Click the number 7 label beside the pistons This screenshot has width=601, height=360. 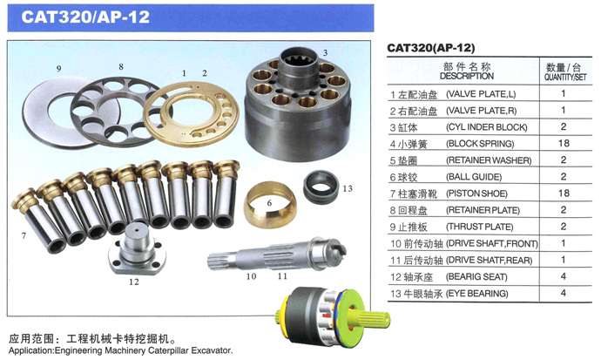tap(24, 235)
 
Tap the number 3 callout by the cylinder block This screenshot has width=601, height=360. tap(325, 52)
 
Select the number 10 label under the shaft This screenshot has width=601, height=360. tap(251, 276)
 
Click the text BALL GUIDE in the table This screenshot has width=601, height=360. tap(474, 177)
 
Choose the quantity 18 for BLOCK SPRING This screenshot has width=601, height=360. tap(564, 143)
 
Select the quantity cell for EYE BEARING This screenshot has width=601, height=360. tap(563, 293)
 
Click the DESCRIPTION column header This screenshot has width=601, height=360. tap(467, 76)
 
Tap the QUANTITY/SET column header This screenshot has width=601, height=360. tap(565, 77)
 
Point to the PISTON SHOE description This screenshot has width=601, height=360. tap(476, 194)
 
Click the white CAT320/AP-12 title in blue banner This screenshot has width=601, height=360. tap(85, 17)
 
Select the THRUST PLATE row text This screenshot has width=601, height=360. tap(480, 227)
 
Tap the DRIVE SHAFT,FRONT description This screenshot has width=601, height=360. tap(492, 243)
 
